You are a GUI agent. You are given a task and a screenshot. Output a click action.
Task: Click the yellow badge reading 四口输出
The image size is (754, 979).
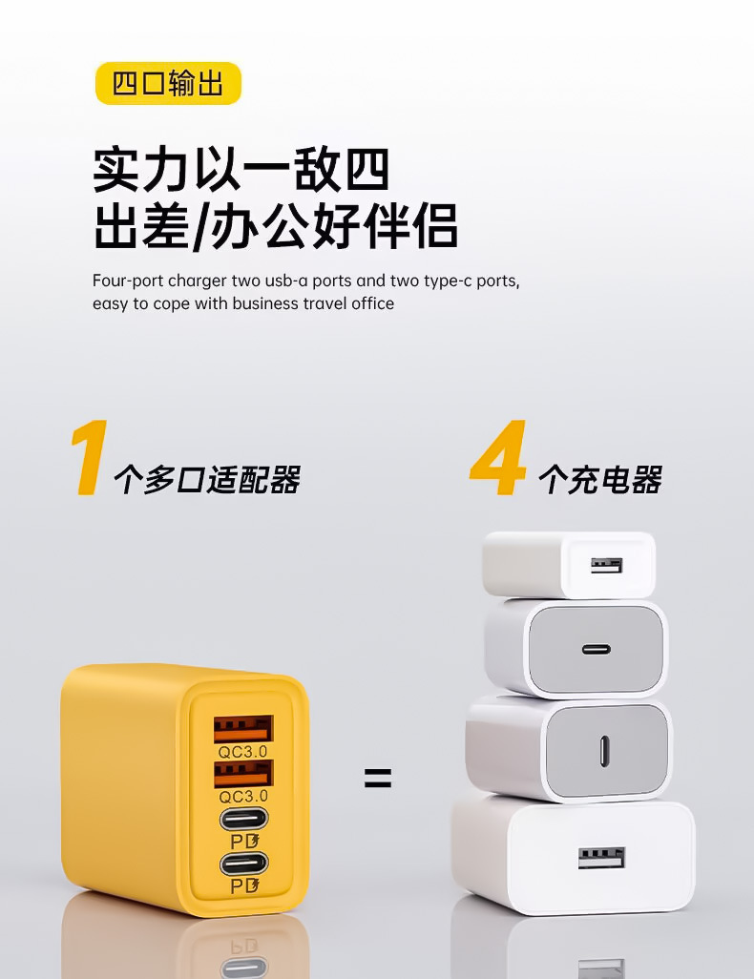click(x=168, y=83)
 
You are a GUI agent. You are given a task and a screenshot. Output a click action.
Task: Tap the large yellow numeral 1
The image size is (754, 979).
click(x=90, y=458)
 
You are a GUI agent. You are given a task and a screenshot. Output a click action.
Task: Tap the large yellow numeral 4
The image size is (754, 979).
click(x=498, y=458)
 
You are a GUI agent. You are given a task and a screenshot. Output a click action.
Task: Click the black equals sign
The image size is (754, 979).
click(x=378, y=778)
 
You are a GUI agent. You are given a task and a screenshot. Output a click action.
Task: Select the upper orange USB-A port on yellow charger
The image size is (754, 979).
click(x=243, y=728)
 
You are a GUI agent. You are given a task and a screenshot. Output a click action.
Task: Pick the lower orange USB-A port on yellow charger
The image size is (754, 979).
click(x=243, y=774)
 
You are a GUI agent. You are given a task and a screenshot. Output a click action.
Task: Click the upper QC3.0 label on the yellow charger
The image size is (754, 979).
click(x=243, y=751)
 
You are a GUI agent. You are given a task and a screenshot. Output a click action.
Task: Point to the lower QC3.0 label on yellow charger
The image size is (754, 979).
click(x=243, y=796)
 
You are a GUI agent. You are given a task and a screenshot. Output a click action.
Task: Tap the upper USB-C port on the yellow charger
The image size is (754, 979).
click(x=243, y=819)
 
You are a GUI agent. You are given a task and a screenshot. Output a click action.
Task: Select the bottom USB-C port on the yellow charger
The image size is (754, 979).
click(x=243, y=864)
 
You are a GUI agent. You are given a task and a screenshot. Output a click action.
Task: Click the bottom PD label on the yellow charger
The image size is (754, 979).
click(x=244, y=885)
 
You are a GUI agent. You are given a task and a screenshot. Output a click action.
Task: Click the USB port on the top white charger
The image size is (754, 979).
click(x=607, y=566)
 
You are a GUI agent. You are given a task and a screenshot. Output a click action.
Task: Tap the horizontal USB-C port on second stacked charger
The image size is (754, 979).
click(x=596, y=650)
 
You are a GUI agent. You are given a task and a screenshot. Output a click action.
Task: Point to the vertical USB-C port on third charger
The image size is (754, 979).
click(x=604, y=751)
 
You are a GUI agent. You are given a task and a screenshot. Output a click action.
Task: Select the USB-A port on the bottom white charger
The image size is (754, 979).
click(x=601, y=858)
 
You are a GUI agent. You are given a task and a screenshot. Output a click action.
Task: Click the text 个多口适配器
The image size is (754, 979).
click(x=207, y=480)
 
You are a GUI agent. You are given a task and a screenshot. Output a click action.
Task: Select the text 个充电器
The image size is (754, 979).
click(x=599, y=480)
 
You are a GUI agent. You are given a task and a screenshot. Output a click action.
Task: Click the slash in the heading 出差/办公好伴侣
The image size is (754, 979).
click(x=199, y=226)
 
